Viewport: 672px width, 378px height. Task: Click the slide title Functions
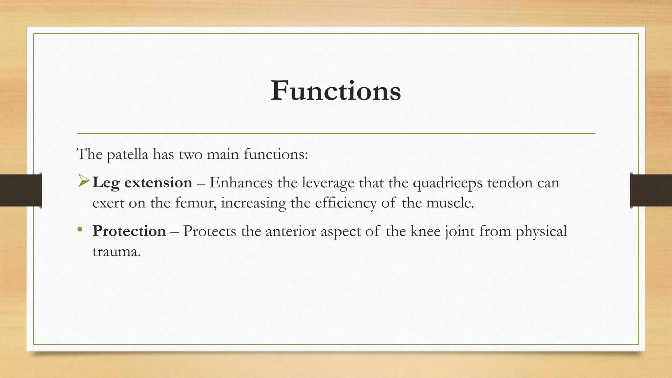tap(336, 91)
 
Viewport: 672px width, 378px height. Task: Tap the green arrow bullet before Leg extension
tap(84, 181)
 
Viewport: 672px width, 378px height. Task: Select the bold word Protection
tap(129, 231)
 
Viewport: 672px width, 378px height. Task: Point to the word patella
tap(128, 155)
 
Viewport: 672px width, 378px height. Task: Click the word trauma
tap(116, 252)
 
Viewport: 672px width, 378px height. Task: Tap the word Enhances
tap(241, 182)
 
